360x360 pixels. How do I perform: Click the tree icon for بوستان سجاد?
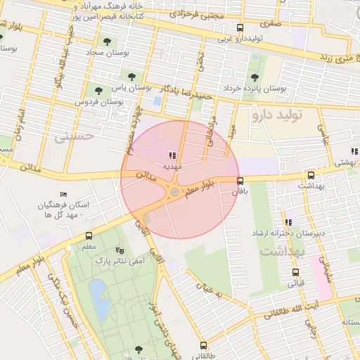point(107,40)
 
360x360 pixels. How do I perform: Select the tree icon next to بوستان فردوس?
point(98,90)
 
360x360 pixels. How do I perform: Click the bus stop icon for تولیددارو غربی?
point(240,27)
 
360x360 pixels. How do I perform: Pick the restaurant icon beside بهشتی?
point(354,150)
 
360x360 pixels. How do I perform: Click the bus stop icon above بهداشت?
point(311,175)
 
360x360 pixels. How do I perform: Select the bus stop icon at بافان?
point(241,181)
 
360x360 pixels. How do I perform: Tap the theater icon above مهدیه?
point(172,155)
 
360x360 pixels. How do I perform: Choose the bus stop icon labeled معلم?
point(89,236)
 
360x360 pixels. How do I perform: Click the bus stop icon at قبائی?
point(293,272)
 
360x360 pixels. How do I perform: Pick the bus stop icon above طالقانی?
point(203,345)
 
